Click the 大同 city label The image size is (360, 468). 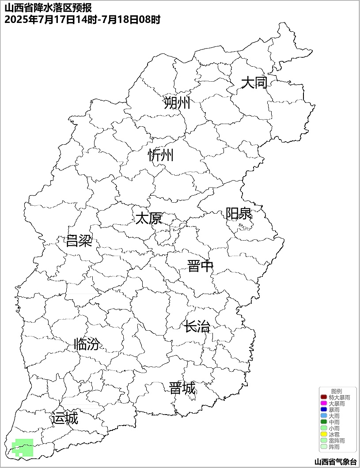click(x=254, y=83)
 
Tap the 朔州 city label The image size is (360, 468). click(x=177, y=103)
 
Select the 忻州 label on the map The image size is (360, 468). click(x=161, y=155)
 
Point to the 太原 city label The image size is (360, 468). click(x=148, y=218)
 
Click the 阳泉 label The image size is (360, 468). click(x=239, y=214)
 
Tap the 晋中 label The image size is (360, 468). click(x=200, y=266)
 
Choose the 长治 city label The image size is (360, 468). click(x=197, y=327)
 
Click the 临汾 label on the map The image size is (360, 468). click(x=87, y=344)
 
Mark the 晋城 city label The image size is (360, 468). click(x=182, y=389)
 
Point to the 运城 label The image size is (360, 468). click(x=64, y=418)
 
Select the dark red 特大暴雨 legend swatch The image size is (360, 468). click(x=323, y=397)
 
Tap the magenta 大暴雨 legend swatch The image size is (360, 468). click(x=323, y=404)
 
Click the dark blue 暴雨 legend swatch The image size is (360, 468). click(x=323, y=410)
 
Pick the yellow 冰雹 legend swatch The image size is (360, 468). click(x=323, y=434)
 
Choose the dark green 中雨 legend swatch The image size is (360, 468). click(x=323, y=422)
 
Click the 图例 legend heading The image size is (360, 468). click(x=337, y=391)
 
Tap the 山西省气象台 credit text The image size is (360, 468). click(x=335, y=462)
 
